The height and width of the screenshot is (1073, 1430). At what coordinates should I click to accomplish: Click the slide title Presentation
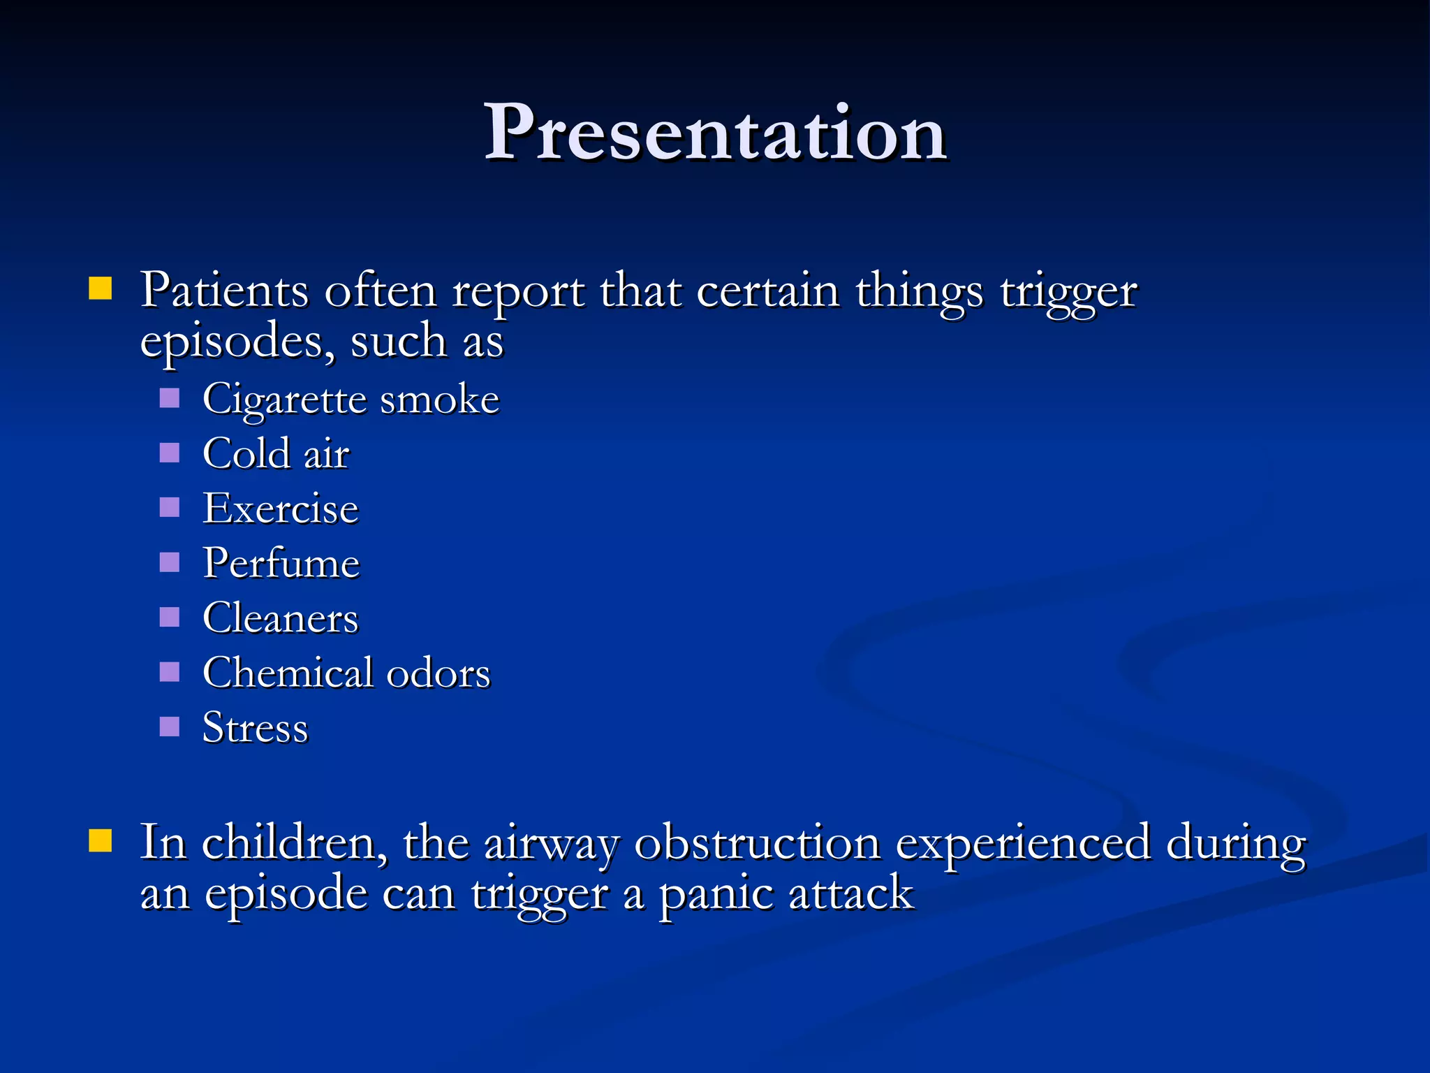pos(715,133)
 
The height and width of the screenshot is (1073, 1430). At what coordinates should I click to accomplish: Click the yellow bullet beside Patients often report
pos(101,289)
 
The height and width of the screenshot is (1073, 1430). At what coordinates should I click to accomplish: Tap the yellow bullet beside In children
pos(101,841)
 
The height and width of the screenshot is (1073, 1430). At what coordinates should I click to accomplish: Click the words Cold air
pos(276,454)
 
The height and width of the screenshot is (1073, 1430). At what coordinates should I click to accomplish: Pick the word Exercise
pos(281,509)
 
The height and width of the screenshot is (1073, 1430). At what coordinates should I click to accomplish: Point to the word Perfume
pos(281,563)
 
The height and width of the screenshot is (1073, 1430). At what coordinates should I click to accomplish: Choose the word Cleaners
pos(280,618)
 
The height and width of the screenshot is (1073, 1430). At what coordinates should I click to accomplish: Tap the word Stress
pos(255,728)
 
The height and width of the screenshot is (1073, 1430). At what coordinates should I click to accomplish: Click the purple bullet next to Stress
pos(170,727)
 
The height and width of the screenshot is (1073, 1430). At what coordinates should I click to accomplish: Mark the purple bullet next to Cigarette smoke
pos(170,398)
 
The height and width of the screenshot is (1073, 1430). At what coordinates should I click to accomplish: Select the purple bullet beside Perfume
pos(170,562)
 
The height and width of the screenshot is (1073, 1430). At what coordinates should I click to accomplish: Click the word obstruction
pos(757,843)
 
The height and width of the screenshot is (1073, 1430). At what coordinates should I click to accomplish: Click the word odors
pos(438,673)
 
